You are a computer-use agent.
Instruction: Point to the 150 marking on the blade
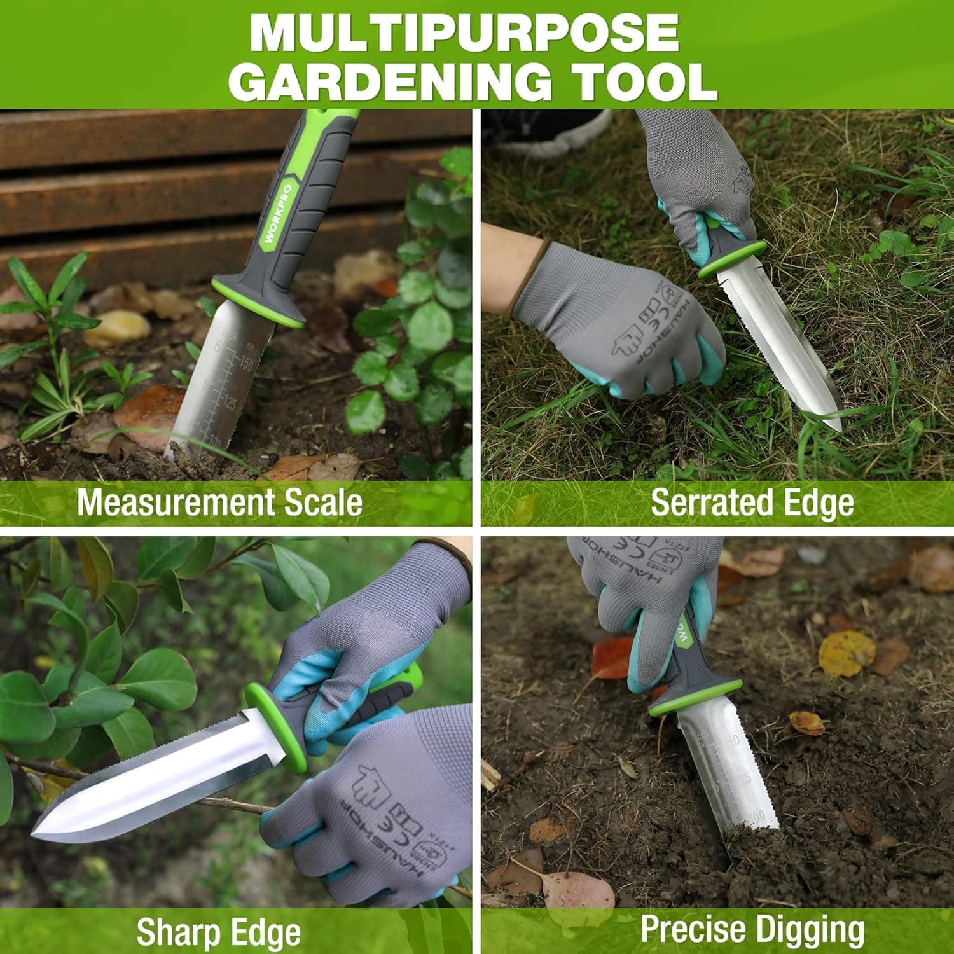[x=245, y=364]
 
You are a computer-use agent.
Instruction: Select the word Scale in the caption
[x=323, y=502]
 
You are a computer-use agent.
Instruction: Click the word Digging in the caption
[x=820, y=929]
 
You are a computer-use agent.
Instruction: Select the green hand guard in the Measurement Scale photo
[x=258, y=301]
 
